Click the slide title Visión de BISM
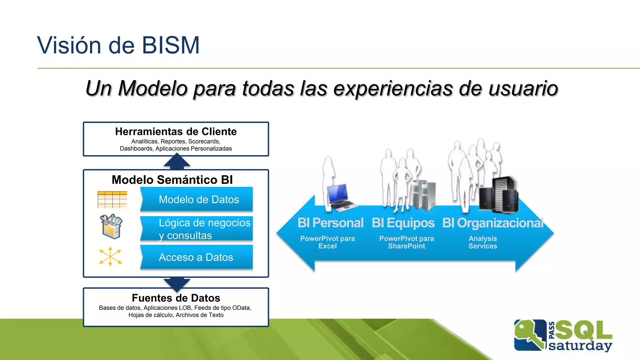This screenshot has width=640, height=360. point(118,45)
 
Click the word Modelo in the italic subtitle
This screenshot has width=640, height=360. point(152,88)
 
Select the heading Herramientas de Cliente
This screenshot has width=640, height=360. point(176,132)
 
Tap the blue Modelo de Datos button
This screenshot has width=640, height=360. point(199,199)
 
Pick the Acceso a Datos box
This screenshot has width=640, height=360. point(196,257)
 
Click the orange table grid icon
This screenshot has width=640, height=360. point(112,200)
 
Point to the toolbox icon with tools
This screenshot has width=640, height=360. point(111,227)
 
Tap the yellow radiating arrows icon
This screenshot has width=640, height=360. point(110,256)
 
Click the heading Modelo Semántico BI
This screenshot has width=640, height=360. point(172,180)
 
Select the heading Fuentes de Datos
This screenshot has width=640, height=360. point(176,298)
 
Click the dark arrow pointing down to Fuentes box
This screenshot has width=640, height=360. point(177,283)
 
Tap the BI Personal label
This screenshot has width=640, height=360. point(330,223)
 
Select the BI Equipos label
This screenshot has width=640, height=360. point(403,223)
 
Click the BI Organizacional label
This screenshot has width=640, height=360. point(493,223)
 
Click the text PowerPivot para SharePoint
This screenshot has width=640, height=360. point(407,242)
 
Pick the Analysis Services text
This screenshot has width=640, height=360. point(482,242)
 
